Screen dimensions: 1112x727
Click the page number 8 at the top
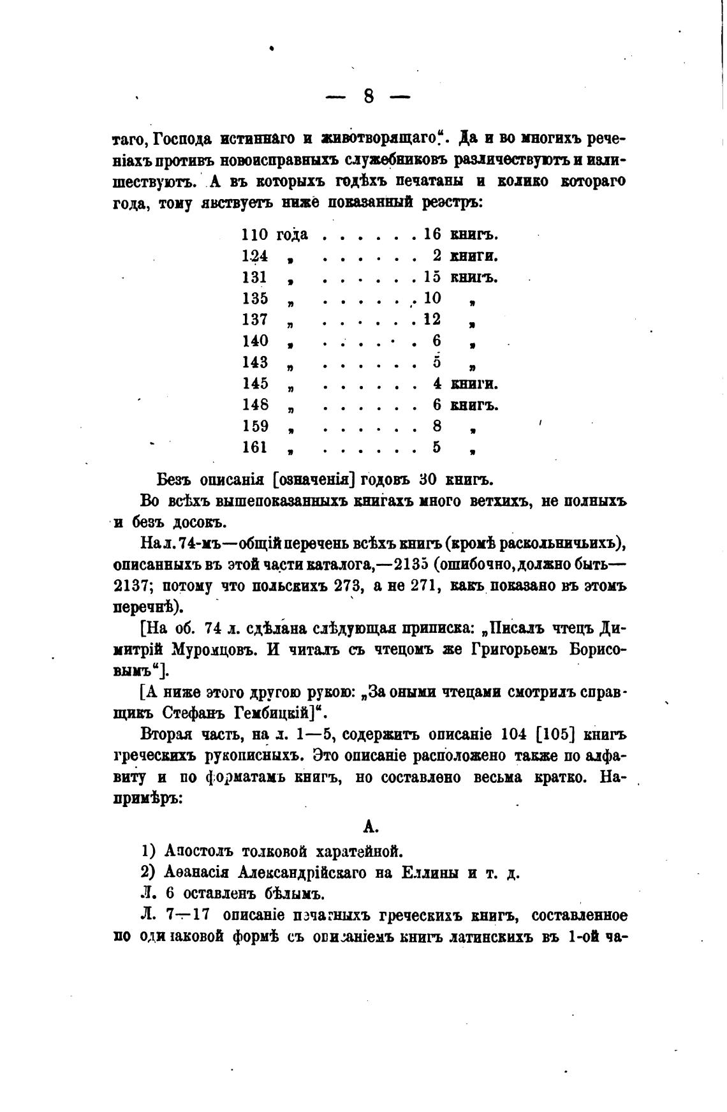pos(368,96)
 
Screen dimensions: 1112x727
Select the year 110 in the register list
pos(255,235)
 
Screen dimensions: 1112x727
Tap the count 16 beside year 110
pos(432,235)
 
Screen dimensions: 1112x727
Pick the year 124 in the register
pos(255,256)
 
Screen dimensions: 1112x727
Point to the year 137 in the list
pos(255,320)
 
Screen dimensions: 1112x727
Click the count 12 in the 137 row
pos(432,320)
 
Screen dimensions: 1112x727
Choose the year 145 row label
pos(255,384)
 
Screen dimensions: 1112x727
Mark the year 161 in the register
pos(255,448)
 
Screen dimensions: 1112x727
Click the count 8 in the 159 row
pos(437,426)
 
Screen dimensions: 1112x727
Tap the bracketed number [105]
pos(555,735)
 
